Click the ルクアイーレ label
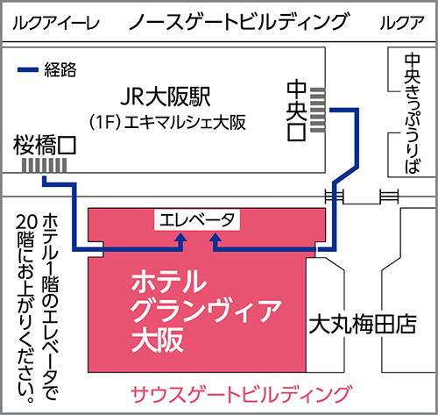[56, 23]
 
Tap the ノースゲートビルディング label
[238, 22]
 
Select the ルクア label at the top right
[402, 23]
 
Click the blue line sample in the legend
[28, 70]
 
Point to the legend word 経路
[60, 70]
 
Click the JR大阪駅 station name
[166, 97]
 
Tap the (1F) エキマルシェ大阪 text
[167, 122]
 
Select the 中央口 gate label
[296, 111]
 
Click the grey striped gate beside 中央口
[317, 110]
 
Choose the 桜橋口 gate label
[45, 146]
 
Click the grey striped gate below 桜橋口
[45, 166]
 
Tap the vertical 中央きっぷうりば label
[413, 113]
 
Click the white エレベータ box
[197, 220]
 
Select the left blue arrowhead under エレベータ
[181, 238]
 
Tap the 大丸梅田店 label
[363, 325]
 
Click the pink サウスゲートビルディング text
[241, 394]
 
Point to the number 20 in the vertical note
[26, 222]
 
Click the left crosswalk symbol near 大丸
[335, 196]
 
